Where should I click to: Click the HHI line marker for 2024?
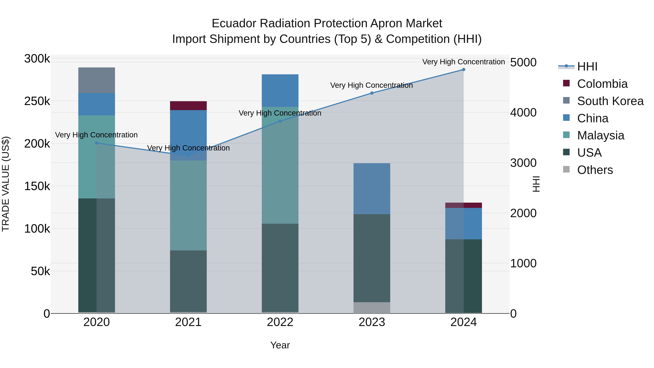point(464,70)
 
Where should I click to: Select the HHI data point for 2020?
point(96,143)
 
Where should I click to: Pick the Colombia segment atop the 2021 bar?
point(188,106)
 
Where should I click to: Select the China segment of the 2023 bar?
point(372,189)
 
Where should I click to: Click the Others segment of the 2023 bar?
point(372,307)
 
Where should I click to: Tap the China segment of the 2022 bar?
point(280,91)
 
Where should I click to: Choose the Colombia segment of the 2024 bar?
point(464,205)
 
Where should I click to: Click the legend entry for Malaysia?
point(600,135)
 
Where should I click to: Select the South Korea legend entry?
point(610,101)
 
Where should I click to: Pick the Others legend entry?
point(595,170)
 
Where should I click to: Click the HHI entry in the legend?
point(587,67)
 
